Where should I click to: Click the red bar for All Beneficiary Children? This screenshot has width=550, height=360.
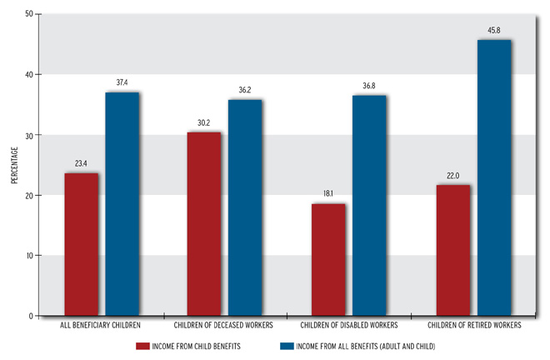(81, 245)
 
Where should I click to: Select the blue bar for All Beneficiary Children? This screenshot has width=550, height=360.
(122, 204)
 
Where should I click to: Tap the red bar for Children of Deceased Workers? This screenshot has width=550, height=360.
(204, 224)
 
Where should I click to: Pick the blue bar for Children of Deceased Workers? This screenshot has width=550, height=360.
(245, 207)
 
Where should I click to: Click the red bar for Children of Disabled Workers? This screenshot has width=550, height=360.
(328, 260)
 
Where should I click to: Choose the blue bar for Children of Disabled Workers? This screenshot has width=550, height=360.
(369, 206)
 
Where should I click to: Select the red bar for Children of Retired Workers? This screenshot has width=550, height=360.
(452, 250)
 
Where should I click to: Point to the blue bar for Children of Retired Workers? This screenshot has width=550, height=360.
(493, 177)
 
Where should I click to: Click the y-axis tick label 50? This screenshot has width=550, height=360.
(29, 15)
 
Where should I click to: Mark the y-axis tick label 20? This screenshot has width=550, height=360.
(29, 196)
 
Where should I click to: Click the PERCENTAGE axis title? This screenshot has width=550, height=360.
(13, 166)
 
